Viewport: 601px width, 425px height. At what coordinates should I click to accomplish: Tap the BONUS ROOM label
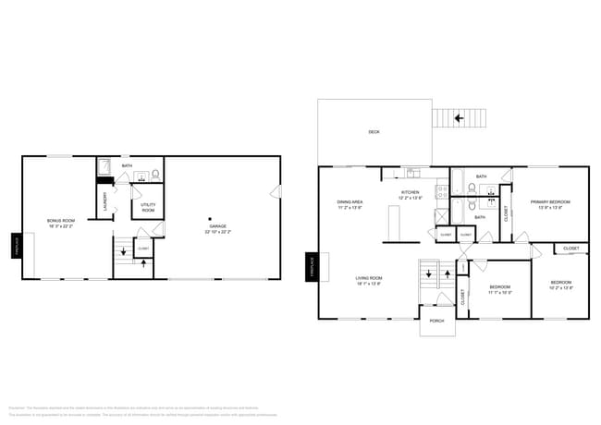pyautogui.click(x=61, y=220)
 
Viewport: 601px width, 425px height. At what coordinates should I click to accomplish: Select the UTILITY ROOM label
pyautogui.click(x=148, y=206)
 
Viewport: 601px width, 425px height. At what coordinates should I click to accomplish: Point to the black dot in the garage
pyautogui.click(x=210, y=218)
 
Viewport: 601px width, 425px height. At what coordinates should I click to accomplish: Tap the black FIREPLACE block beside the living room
pyautogui.click(x=313, y=266)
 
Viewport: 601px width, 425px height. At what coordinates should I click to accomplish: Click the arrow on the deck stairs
pyautogui.click(x=459, y=118)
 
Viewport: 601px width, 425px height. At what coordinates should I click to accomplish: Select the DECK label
pyautogui.click(x=374, y=132)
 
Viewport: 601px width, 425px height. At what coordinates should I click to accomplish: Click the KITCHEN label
pyautogui.click(x=411, y=193)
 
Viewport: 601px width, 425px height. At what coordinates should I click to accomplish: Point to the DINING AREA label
pyautogui.click(x=350, y=201)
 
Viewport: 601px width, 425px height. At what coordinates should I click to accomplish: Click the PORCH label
pyautogui.click(x=437, y=321)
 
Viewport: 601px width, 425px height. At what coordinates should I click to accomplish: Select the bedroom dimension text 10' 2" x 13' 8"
pyautogui.click(x=562, y=288)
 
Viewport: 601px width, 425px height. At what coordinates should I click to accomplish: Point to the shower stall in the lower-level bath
pyautogui.click(x=106, y=168)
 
